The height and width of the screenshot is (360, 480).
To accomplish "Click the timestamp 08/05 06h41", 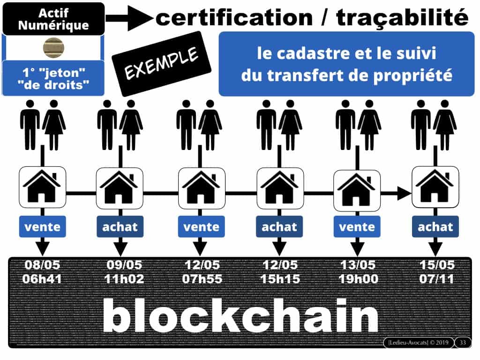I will click(43, 272).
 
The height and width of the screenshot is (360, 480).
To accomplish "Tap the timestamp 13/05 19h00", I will click(357, 272).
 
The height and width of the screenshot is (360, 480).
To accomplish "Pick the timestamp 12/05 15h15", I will click(279, 272).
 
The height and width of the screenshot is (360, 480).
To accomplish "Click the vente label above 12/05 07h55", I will click(200, 227).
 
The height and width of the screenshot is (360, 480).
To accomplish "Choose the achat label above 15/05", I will click(435, 227).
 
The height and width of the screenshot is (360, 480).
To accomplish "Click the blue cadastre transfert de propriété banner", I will click(347, 64).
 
